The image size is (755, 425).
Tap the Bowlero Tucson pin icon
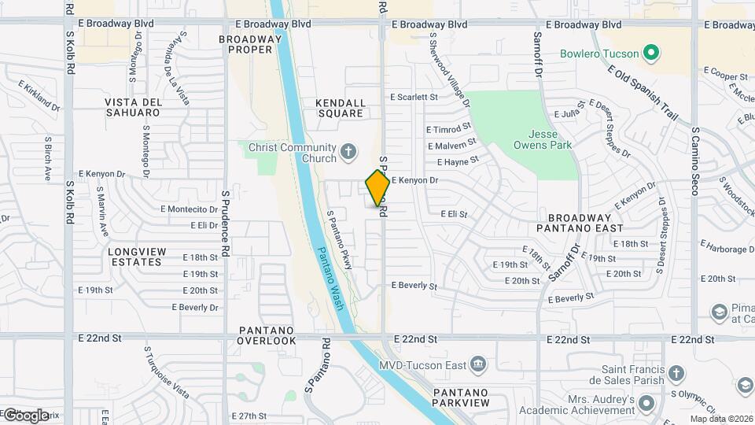click(650, 54)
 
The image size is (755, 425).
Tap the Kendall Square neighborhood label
click(341, 108)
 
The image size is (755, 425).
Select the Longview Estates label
click(138, 257)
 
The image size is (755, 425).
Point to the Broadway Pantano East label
click(580, 222)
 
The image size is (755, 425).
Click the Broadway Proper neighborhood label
click(245, 44)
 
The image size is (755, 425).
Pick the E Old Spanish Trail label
click(643, 92)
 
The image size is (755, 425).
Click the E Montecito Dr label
click(189, 209)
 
